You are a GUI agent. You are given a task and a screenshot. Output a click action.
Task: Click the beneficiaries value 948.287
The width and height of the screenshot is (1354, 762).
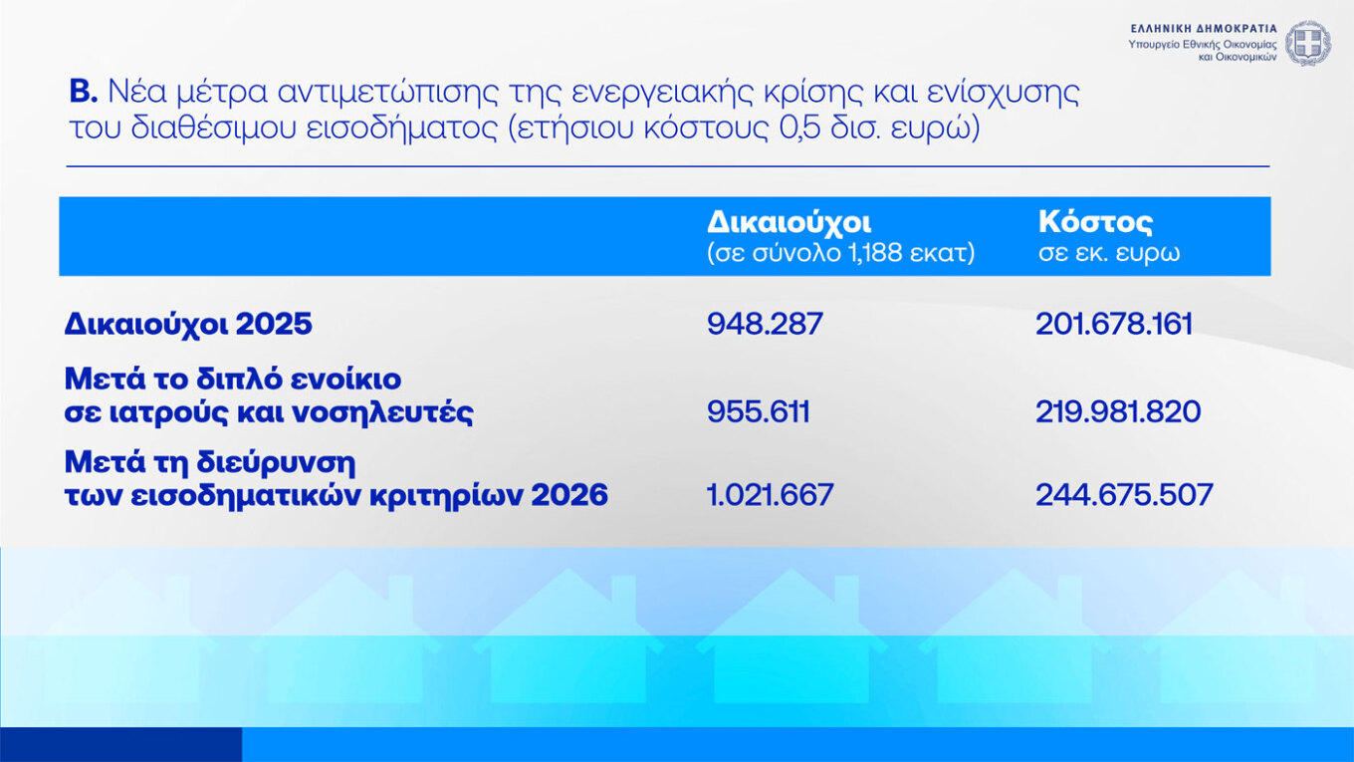coord(765,324)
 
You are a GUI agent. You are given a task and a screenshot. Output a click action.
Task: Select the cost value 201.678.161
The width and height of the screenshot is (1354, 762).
coord(1114,324)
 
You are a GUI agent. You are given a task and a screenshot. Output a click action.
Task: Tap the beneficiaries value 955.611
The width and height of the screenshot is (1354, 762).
coord(758,411)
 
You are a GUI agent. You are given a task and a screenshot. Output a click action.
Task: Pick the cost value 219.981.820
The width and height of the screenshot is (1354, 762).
coord(1118,411)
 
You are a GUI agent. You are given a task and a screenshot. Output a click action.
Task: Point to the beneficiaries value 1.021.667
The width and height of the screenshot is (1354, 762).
coord(770,494)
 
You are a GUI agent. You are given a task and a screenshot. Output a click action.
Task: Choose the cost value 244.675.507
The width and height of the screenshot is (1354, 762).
coord(1124,494)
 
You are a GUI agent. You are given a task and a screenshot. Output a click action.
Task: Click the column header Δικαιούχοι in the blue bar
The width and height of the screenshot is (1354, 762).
coord(789,223)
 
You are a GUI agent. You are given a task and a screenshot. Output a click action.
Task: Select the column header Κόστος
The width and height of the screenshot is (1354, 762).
coord(1095,223)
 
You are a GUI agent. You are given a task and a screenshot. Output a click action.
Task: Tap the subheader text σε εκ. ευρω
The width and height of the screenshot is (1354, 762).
coord(1109,253)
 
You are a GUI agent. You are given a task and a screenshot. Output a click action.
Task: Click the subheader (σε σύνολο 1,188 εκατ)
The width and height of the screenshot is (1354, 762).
coord(840,253)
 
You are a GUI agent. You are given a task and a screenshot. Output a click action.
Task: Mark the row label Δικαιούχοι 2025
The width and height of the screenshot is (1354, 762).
coord(188,324)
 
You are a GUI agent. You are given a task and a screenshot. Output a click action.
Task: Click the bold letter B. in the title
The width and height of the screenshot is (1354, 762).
coord(83,95)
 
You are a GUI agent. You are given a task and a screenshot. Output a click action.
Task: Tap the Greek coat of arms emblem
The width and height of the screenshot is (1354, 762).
coord(1306,43)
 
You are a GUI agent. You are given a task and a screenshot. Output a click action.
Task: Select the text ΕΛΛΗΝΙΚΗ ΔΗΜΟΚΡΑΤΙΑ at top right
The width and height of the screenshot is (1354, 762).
coord(1203,29)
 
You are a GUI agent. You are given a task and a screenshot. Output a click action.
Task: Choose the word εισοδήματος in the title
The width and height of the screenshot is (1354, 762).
coord(391,130)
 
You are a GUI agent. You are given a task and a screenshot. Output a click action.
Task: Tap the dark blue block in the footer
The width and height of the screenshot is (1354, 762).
coord(120,744)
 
